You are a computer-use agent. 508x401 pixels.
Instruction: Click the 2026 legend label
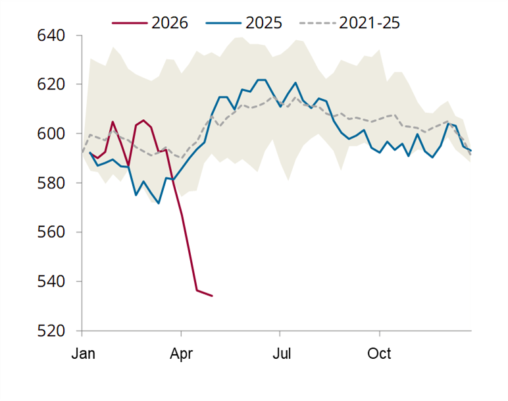tap(170, 23)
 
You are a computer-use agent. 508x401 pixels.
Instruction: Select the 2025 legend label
tap(264, 23)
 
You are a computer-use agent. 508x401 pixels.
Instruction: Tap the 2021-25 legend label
tap(369, 23)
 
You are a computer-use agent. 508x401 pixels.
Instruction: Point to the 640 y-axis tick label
tap(51, 36)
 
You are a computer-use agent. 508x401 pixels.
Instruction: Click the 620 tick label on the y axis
tap(51, 84)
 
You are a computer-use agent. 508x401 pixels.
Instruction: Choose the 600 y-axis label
tap(51, 134)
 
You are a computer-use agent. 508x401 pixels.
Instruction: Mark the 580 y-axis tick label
tap(51, 183)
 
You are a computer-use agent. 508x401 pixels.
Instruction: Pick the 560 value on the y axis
tap(51, 232)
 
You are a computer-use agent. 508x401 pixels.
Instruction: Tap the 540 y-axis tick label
tap(51, 282)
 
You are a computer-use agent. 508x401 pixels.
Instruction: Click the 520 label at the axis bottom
tap(51, 331)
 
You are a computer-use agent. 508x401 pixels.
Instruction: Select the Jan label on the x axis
tap(84, 354)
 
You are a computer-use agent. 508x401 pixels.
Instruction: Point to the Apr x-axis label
tap(181, 354)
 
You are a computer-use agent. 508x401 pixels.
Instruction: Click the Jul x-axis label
tap(282, 354)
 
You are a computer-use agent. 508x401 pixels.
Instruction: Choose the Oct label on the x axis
tap(379, 354)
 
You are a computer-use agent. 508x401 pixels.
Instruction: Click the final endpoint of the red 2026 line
tap(212, 296)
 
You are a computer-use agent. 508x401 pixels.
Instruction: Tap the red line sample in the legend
tap(130, 23)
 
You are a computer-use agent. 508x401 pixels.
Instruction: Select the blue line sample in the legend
tap(224, 23)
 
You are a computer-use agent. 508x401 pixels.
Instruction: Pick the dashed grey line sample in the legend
tap(317, 23)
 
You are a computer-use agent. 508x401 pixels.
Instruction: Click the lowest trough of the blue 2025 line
tap(159, 203)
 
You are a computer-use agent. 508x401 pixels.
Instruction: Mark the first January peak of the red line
tap(113, 122)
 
